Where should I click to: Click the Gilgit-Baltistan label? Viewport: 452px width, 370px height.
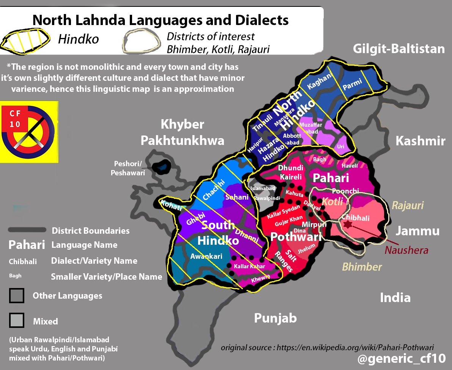coord(398,49)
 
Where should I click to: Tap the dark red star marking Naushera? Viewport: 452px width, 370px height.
coord(347,225)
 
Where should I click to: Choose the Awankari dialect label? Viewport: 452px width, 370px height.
coord(206,256)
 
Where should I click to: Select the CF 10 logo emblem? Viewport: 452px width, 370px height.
coord(29,131)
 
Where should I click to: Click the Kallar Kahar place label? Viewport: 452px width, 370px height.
coord(249,266)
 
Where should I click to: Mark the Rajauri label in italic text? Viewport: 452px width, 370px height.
coord(408,206)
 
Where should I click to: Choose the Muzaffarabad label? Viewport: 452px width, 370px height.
coord(311,128)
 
